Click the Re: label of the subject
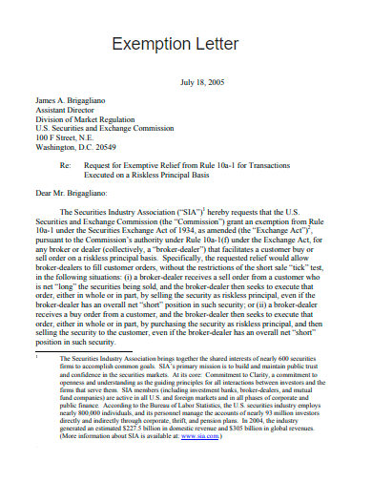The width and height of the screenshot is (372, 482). click(64, 165)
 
